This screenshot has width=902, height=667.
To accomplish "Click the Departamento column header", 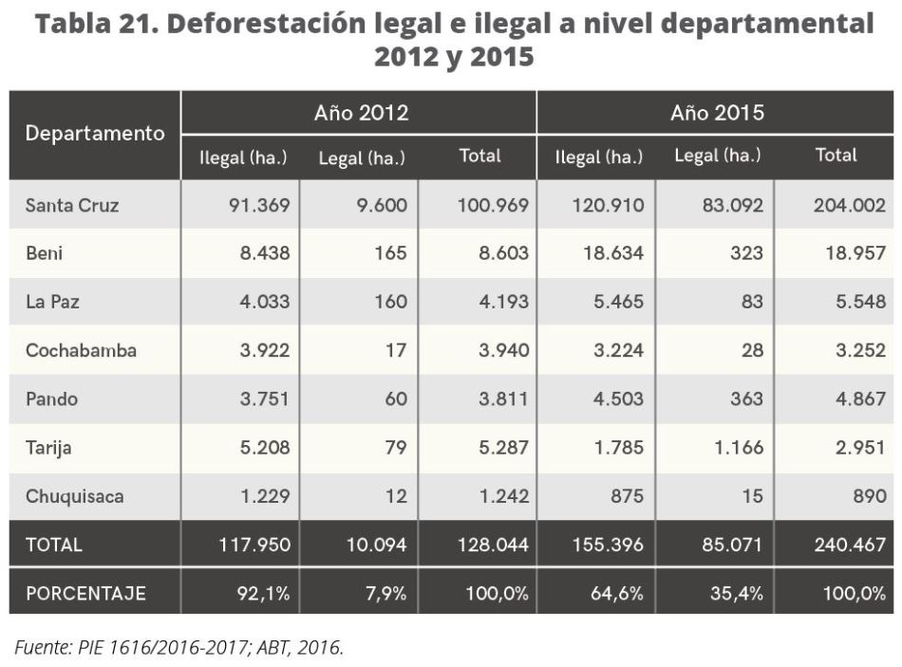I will coord(95,134).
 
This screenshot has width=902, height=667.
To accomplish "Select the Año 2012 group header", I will coord(361,114).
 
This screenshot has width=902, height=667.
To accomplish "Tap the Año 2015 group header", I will coord(717,114).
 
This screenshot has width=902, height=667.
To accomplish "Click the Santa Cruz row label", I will coord(72,204).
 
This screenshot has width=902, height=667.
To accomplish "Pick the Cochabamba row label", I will coord(81,350).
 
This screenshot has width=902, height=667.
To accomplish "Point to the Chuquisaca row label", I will coord(75,496).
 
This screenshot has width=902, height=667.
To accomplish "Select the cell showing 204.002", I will coord(849,204).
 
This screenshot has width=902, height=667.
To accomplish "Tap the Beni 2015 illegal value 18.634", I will coord(611,253).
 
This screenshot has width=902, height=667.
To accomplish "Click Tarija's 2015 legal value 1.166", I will coord(732,448).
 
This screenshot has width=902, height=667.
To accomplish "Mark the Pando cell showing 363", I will coord(746,398).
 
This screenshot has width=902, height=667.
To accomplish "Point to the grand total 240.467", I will coord(849,545).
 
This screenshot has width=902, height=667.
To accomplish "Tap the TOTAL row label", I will coord(54,545).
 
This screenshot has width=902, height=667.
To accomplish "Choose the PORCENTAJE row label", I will coord(85,594).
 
